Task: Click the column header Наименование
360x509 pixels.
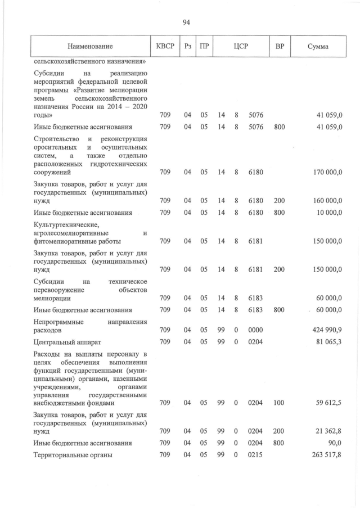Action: coord(90,46)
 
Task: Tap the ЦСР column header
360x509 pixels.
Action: coord(237,46)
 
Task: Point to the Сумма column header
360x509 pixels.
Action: coord(318,46)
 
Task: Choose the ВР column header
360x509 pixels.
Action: coord(279,46)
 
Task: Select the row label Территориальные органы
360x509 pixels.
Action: coord(73,455)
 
